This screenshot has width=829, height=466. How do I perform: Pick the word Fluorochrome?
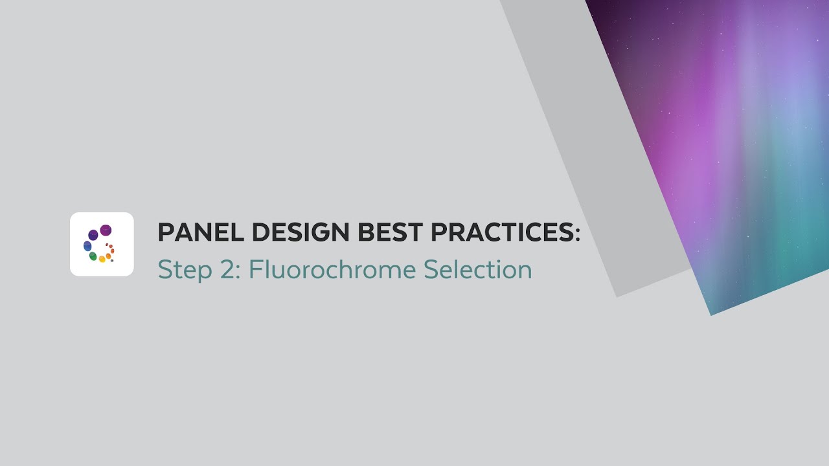[x=332, y=269]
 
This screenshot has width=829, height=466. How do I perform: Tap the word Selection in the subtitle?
[x=478, y=269]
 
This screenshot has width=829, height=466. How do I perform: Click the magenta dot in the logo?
[x=106, y=230]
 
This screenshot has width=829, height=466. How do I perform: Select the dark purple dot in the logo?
[x=93, y=235]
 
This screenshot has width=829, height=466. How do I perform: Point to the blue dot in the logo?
[x=87, y=246]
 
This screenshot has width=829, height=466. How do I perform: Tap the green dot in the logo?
[x=93, y=256]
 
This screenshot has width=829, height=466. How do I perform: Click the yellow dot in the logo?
[x=102, y=260]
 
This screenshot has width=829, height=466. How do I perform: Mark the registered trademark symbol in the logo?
[x=112, y=261]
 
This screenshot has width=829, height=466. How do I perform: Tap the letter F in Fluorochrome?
[x=253, y=269]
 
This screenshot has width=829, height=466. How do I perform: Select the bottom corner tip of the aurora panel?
[x=711, y=315]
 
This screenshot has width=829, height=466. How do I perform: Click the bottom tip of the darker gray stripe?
[x=617, y=296]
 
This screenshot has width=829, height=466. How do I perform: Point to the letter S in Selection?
[x=430, y=269]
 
